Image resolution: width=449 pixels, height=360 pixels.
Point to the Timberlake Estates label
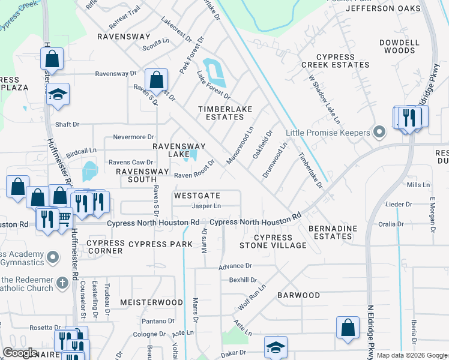click(225, 113)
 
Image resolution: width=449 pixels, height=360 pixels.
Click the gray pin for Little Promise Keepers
click(379, 131)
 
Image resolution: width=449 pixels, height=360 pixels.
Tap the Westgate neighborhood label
click(197, 196)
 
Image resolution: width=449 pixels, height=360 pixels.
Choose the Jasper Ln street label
click(206, 206)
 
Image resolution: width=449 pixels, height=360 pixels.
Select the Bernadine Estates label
click(333, 232)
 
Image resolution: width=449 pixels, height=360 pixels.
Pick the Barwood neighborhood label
click(298, 295)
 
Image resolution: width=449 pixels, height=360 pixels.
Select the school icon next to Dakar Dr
click(276, 347)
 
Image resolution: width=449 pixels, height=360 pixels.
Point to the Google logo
click(20, 353)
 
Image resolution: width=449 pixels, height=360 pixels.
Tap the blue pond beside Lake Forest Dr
click(214, 72)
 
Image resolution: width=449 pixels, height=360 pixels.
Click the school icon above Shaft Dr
click(58, 94)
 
